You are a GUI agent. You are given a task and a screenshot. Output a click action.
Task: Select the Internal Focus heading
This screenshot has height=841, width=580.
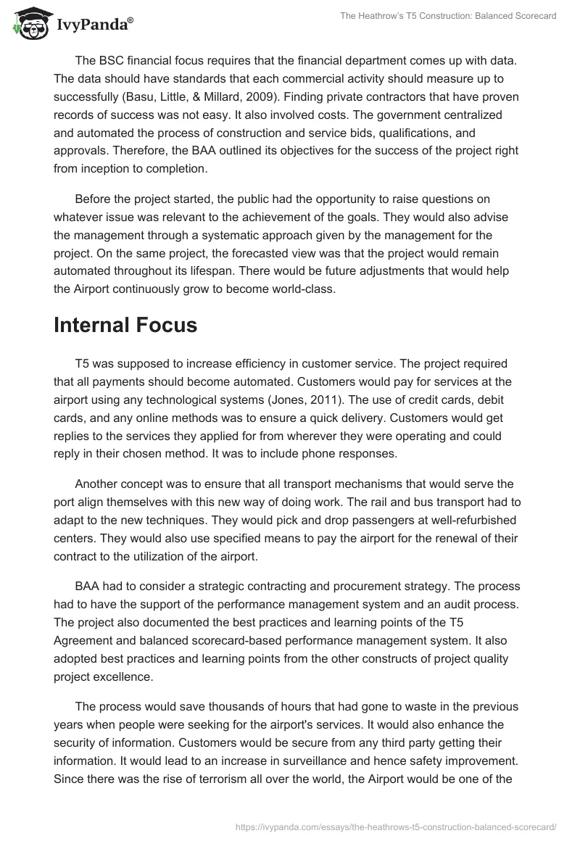125,326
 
